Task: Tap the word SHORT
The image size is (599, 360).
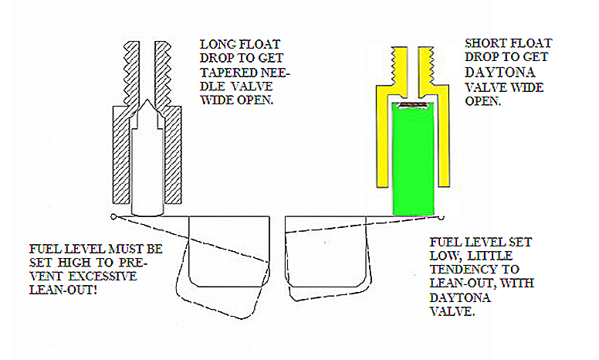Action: click(483, 43)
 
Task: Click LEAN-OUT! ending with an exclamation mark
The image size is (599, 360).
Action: click(63, 290)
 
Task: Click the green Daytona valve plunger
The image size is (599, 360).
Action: click(413, 158)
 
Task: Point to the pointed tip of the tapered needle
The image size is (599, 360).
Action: click(147, 100)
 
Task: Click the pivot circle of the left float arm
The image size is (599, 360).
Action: click(113, 216)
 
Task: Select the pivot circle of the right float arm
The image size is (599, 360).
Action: click(442, 217)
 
